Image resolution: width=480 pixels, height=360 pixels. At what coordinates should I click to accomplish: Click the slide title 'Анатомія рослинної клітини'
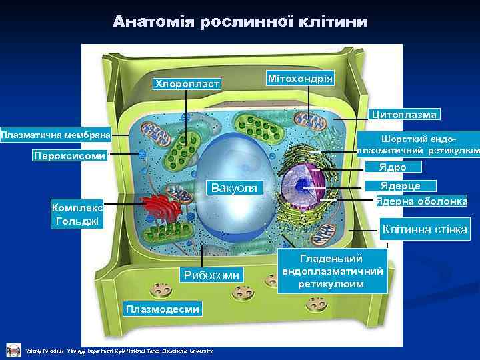[240, 21]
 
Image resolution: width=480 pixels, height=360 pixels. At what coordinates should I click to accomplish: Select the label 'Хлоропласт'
[187, 84]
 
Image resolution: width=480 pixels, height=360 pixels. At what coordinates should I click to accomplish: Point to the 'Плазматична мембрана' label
[55, 135]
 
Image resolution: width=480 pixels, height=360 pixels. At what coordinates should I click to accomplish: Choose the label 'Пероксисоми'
[69, 156]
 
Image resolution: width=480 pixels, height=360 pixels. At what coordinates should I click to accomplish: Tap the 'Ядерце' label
[400, 185]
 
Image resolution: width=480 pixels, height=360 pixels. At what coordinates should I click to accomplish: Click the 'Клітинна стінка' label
[425, 230]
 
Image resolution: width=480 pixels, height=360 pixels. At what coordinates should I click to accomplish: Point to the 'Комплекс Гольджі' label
[77, 214]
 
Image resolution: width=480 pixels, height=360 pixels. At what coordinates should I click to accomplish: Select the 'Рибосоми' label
[211, 275]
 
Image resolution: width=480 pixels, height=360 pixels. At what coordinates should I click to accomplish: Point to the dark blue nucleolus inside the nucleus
[303, 186]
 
